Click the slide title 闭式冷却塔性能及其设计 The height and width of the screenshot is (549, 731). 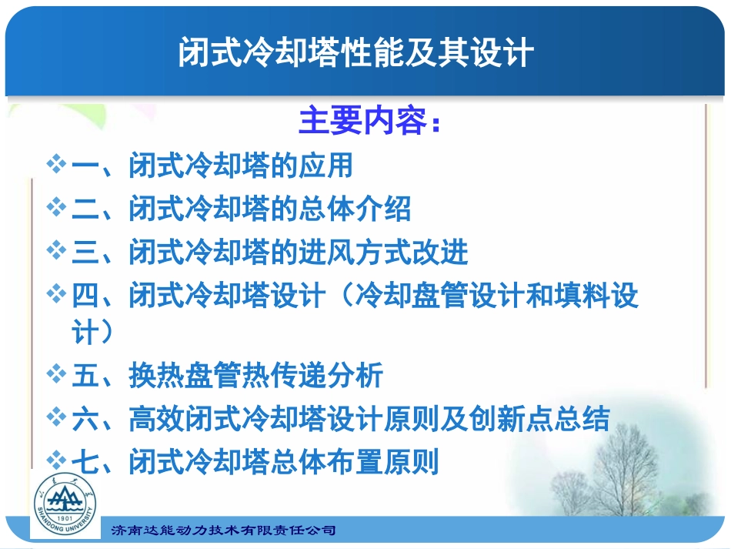tap(356, 53)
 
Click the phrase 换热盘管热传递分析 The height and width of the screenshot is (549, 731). tap(256, 376)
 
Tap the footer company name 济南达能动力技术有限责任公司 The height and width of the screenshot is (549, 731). tap(224, 531)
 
